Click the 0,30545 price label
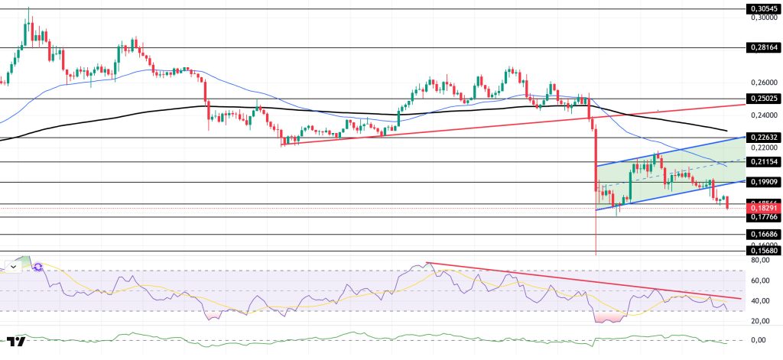click(x=762, y=9)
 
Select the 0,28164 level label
click(x=762, y=47)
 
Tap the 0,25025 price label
click(x=762, y=99)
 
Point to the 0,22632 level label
click(x=762, y=138)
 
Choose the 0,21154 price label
click(x=762, y=162)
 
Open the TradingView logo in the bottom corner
click(x=16, y=341)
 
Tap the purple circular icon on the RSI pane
click(x=37, y=268)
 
